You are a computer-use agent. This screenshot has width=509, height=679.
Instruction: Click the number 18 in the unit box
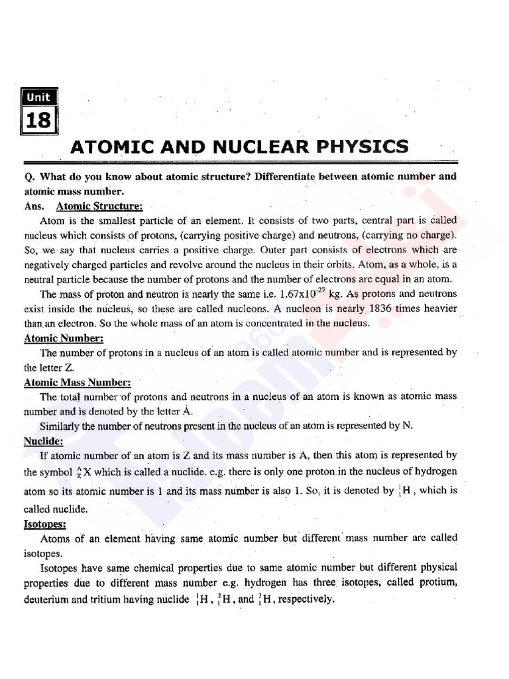(x=39, y=121)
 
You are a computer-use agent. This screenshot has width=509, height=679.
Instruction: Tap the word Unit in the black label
(x=39, y=97)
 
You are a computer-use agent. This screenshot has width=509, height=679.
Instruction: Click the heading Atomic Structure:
(x=99, y=206)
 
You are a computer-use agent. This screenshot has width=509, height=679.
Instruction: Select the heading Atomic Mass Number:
(x=78, y=382)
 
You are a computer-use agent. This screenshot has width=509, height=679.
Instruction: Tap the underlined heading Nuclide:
(x=44, y=440)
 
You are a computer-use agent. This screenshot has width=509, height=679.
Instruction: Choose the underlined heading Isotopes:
(x=44, y=524)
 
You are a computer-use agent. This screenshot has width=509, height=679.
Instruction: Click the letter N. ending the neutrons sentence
(x=408, y=426)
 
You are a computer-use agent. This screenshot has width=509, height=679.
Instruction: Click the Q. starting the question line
(x=29, y=177)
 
